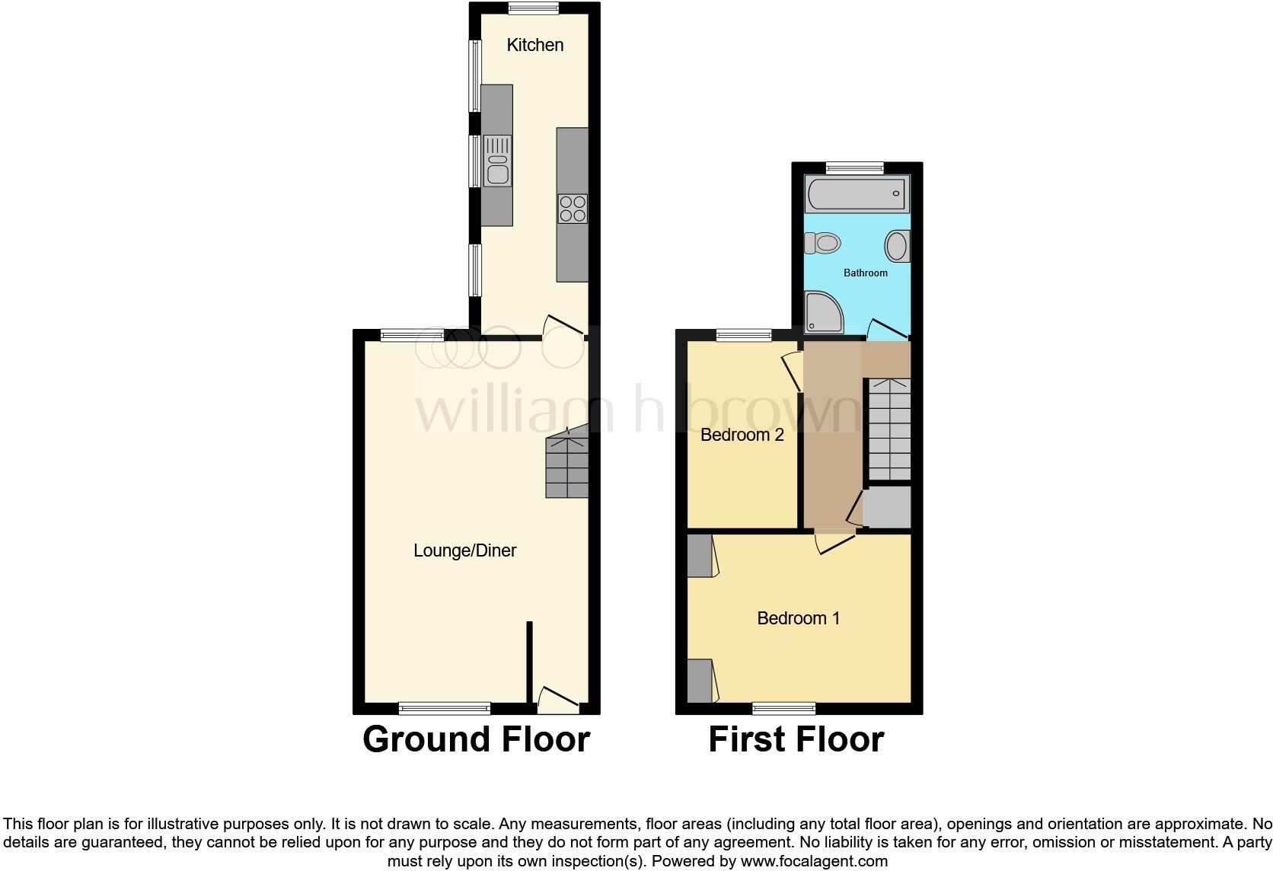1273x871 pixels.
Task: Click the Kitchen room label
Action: pos(535,45)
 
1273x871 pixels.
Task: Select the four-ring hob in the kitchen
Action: pos(573,209)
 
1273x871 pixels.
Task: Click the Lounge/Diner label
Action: pos(464,550)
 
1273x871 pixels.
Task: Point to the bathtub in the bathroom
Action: pos(857,193)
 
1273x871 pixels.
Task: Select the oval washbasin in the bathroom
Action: pos(897,246)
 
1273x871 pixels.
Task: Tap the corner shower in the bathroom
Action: pos(823,312)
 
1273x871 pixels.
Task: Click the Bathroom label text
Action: pos(865,273)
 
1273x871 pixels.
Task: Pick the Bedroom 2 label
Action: pos(742,435)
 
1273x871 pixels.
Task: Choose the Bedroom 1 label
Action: pos(798,617)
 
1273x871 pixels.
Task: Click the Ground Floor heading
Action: pos(476,739)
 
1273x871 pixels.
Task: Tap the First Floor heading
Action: pos(796,739)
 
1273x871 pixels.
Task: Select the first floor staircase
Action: pos(889,429)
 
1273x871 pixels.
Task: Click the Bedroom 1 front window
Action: pos(784,709)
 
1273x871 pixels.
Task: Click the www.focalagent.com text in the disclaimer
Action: pos(813,862)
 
